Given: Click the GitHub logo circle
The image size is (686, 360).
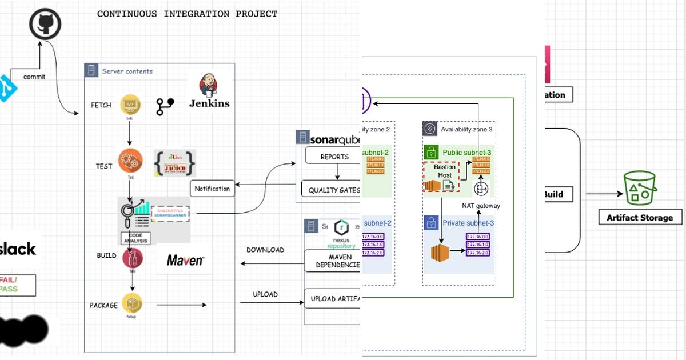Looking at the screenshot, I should pyautogui.click(x=45, y=24).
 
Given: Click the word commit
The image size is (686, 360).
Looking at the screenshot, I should pyautogui.click(x=34, y=77).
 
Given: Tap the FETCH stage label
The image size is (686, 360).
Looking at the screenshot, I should pyautogui.click(x=101, y=105).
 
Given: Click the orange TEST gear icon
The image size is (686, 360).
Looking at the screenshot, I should pyautogui.click(x=130, y=160).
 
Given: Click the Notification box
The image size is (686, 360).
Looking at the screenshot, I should pyautogui.click(x=212, y=189).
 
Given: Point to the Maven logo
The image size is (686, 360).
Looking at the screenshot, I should pyautogui.click(x=185, y=261).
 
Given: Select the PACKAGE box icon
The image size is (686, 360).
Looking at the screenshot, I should pyautogui.click(x=131, y=304).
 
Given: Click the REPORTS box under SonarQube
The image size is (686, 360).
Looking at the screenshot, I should pyautogui.click(x=334, y=157).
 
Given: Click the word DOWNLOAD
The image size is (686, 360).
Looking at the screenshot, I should pyautogui.click(x=265, y=250).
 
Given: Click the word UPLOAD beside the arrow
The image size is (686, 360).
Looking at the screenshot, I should pyautogui.click(x=265, y=294).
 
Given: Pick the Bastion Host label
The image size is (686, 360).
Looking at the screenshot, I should pyautogui.click(x=445, y=171).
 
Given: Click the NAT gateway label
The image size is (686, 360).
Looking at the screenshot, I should pyautogui.click(x=481, y=206).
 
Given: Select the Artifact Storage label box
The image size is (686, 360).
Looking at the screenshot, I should pyautogui.click(x=640, y=217).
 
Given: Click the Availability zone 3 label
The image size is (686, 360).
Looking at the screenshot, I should pyautogui.click(x=466, y=130).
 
